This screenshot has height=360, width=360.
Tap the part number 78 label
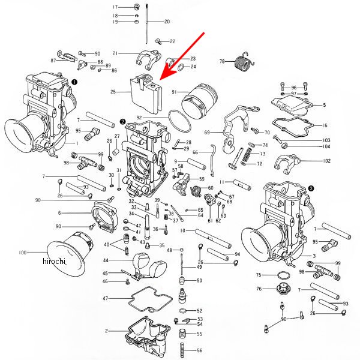pos(222,61)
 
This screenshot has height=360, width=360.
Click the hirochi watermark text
pos(55,261)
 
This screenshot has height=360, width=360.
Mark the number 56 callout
pos(200,350)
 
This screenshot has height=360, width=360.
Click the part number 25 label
pos(113,92)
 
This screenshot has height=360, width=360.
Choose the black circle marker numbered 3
pos(311,188)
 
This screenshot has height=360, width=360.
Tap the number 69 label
pos(207,132)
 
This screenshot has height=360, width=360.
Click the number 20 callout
pos(167,22)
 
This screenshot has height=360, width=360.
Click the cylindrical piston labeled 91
pos(198,100)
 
